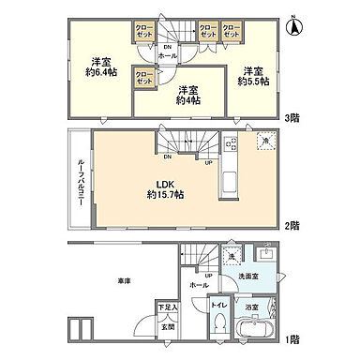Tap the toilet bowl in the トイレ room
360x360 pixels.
pyautogui.click(x=217, y=322)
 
